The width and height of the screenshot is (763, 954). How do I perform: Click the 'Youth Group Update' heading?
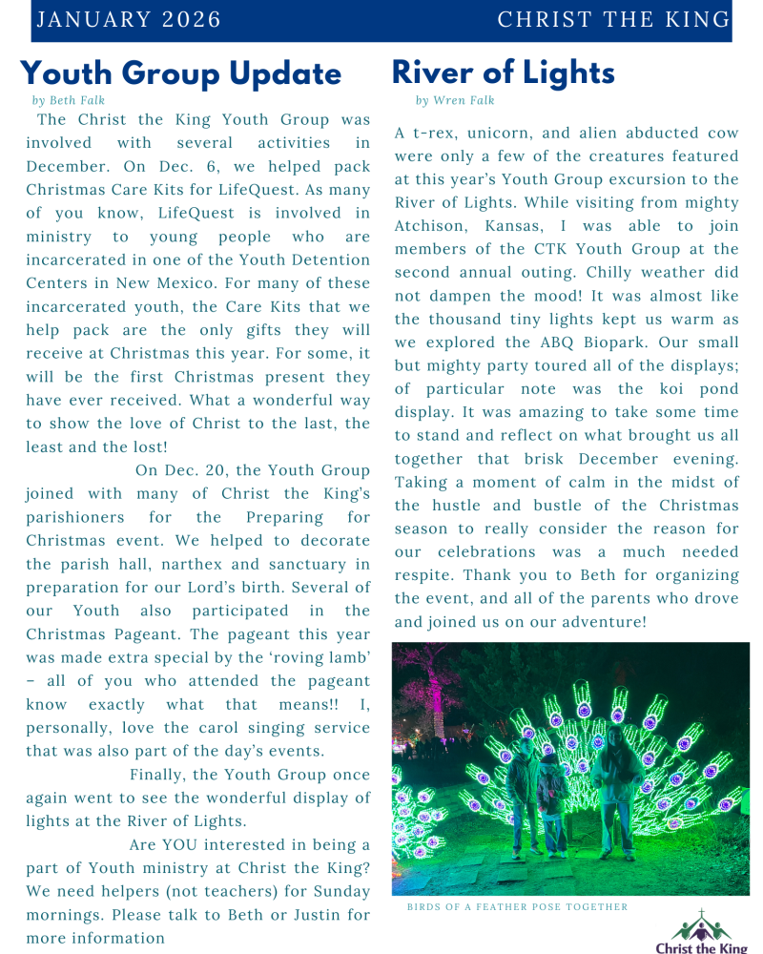180,73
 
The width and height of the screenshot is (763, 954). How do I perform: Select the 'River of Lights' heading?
503,73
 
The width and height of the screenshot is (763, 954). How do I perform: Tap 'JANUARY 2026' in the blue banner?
128,20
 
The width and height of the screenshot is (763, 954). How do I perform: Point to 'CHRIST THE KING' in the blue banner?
613,20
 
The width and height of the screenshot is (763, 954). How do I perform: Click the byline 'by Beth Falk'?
68,100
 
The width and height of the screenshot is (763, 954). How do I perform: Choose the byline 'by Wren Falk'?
455,100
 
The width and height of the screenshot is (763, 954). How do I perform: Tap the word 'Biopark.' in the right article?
659,342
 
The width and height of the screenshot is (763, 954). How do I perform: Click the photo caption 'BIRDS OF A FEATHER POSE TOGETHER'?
517,907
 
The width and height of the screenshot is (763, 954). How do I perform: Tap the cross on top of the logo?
702,914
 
